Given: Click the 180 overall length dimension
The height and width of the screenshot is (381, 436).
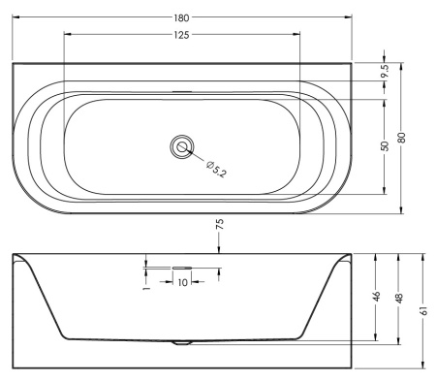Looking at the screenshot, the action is (181, 17).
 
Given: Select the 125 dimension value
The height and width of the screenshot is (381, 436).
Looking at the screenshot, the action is (181, 35).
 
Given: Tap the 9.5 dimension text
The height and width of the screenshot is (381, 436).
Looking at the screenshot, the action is (385, 71).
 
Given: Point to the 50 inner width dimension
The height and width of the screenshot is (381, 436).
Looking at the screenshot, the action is (385, 146).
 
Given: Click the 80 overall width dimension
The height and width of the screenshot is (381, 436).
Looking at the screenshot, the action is (401, 138).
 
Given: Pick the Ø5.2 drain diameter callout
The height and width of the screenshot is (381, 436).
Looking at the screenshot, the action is (216, 169).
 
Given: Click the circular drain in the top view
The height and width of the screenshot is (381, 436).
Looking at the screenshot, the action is (182, 147).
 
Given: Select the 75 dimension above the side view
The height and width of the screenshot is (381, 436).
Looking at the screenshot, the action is (219, 224).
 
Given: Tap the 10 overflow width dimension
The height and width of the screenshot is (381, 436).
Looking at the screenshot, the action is (182, 282).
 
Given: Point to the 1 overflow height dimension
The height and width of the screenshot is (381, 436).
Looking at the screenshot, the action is (147, 287).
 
